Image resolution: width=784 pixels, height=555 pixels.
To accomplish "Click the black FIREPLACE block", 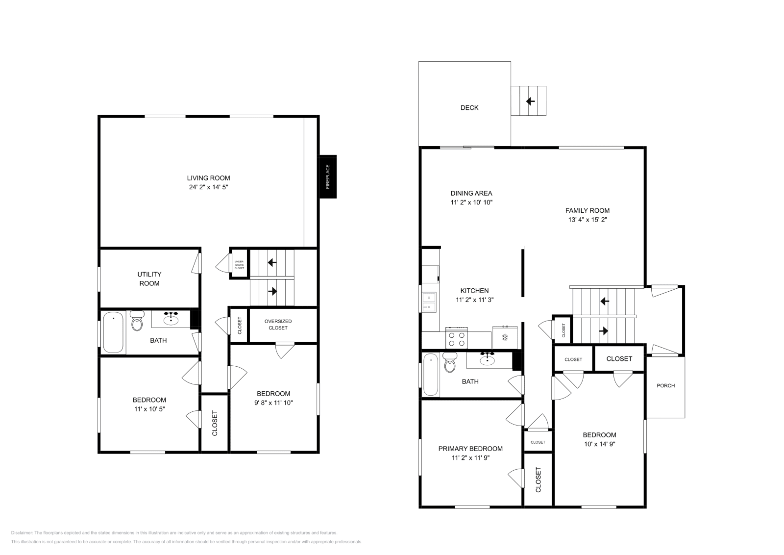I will pyautogui.click(x=328, y=177).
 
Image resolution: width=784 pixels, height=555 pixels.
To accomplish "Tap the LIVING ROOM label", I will pyautogui.click(x=208, y=178).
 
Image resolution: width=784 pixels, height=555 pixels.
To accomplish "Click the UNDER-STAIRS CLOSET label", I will pyautogui.click(x=239, y=265).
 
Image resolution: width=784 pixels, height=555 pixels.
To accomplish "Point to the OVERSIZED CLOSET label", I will pyautogui.click(x=278, y=325).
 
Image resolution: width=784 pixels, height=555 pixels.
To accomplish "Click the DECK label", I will pyautogui.click(x=469, y=108).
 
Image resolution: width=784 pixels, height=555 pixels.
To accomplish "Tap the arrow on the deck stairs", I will pyautogui.click(x=530, y=101).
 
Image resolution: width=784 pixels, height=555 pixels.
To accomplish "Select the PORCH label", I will pyautogui.click(x=665, y=386).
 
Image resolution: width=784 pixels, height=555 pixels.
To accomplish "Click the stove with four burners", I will pyautogui.click(x=457, y=339).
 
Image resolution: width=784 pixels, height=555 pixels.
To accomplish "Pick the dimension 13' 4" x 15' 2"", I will pyautogui.click(x=588, y=220).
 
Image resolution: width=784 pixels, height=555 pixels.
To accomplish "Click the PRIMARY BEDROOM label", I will pyautogui.click(x=470, y=449).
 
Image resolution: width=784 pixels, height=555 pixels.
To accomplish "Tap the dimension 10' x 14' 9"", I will pyautogui.click(x=599, y=444).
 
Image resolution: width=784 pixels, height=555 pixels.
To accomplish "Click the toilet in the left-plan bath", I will pyautogui.click(x=137, y=323).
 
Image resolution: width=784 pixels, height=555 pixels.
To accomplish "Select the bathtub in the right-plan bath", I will pyautogui.click(x=430, y=375).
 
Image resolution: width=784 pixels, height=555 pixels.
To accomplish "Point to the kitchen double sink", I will pyautogui.click(x=429, y=302).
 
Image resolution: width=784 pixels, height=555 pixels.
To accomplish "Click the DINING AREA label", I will pyautogui.click(x=471, y=193).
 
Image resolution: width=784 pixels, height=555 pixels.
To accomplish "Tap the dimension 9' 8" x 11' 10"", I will pyautogui.click(x=273, y=403).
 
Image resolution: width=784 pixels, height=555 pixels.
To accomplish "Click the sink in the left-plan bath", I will pyautogui.click(x=171, y=320).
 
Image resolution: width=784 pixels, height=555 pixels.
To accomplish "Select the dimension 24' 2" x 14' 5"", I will pyautogui.click(x=208, y=187).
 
